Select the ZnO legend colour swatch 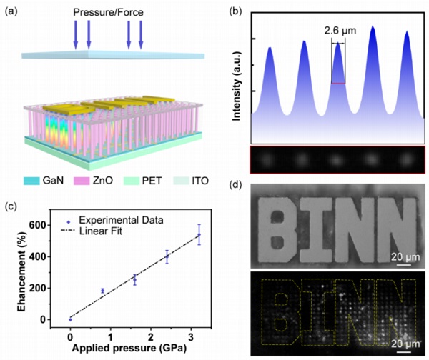86,181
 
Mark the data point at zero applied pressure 70,319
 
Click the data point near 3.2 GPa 199,234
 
